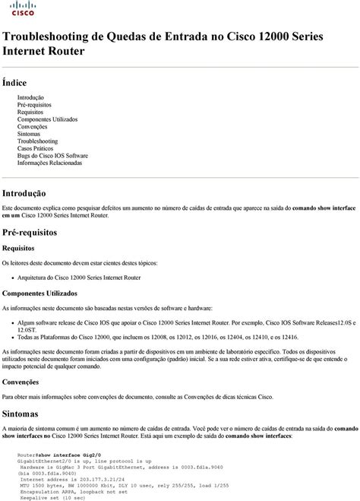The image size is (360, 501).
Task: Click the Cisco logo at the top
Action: [x=22, y=9]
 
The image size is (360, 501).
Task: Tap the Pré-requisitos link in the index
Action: [x=35, y=105]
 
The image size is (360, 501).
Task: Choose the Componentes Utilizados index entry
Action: [x=47, y=119]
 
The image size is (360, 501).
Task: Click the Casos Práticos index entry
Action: [x=40, y=148]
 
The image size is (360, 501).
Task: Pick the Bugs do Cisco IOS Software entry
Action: [x=52, y=155]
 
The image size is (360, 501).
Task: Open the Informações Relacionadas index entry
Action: [x=49, y=163]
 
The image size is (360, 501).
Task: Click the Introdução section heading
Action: [x=24, y=194]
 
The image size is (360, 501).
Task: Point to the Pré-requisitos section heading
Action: [x=30, y=233]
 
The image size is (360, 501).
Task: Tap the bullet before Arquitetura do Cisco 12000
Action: [x=12, y=277]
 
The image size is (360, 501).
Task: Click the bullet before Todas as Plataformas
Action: [x=12, y=337]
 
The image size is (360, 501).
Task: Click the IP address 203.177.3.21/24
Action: [x=83, y=480]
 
